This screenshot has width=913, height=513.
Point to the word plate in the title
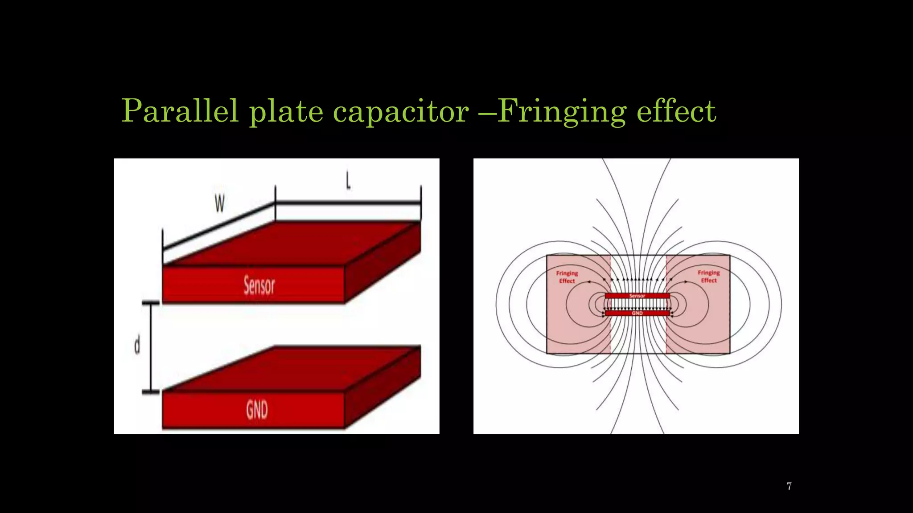(x=286, y=111)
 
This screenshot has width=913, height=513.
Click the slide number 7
(x=789, y=486)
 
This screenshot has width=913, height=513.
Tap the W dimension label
(x=219, y=204)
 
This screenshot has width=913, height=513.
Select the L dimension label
(x=348, y=181)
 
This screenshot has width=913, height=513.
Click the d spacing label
(x=137, y=346)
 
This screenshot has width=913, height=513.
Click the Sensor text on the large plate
(x=259, y=285)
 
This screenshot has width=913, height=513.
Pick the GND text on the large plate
(x=257, y=410)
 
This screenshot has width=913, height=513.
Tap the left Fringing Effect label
(x=567, y=277)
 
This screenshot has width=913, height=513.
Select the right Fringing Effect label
(x=709, y=277)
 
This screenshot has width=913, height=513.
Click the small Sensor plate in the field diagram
(x=637, y=296)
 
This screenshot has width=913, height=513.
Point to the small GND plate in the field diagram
(x=637, y=313)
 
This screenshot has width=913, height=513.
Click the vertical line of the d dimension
(x=151, y=347)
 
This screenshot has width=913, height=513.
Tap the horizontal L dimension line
(x=348, y=203)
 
